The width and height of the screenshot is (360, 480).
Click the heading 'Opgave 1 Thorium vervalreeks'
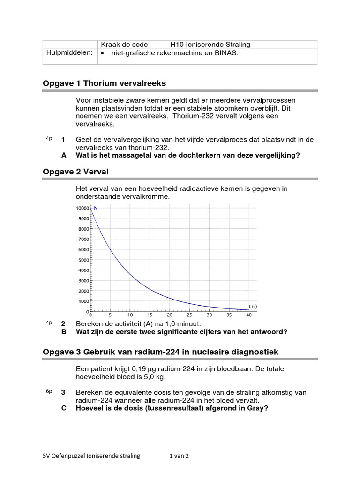[104, 83]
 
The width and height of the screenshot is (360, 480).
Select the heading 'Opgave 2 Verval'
[75, 172]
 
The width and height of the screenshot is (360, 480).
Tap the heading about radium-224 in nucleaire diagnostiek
[160, 352]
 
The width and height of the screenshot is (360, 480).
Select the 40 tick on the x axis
[248, 315]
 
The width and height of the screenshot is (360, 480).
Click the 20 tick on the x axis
[170, 315]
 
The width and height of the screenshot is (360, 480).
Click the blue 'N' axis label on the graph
[96, 208]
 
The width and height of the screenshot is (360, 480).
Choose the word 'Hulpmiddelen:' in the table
[69, 53]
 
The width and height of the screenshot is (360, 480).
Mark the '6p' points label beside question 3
[49, 391]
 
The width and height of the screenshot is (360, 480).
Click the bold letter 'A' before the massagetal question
[64, 155]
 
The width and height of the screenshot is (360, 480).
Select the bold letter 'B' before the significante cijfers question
[64, 332]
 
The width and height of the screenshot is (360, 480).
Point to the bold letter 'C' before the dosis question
[64, 408]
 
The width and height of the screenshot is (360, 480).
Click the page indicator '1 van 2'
[179, 456]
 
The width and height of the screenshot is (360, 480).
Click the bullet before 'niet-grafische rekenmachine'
[103, 53]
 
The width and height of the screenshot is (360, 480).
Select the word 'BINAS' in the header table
[226, 53]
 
